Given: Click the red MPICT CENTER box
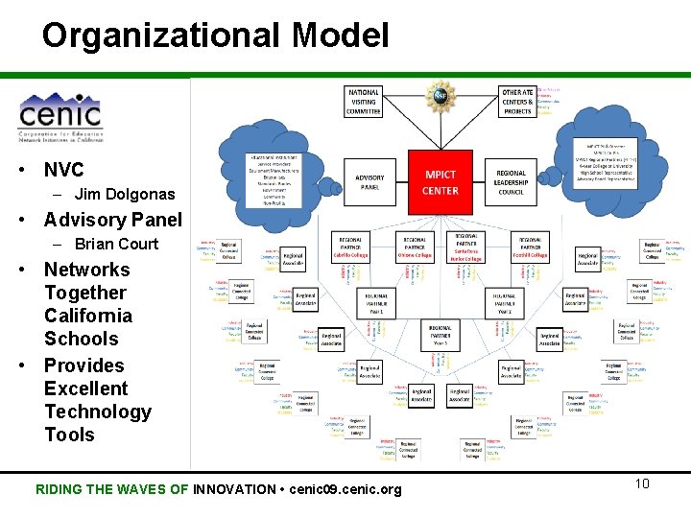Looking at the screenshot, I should coord(441,182).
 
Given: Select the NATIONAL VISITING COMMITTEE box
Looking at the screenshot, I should coord(364,102).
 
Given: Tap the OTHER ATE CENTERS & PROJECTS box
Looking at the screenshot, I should coord(517,102).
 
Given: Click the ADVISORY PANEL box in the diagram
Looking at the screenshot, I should coord(369,182).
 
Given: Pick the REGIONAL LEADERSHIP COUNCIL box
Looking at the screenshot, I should coord(511,182).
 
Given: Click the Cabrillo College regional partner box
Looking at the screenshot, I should coord(350,247).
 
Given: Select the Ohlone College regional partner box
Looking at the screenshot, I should coord(415,247).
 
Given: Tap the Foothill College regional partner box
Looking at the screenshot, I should coord(530,247).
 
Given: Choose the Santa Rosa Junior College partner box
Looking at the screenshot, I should coord(466,247).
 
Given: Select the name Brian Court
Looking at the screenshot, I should coord(116,244).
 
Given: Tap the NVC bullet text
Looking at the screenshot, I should coord(64,170).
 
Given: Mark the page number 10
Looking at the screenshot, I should coord(642,483).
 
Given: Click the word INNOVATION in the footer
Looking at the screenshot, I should coord(234,489).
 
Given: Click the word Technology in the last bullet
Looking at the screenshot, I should coord(98,412).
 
